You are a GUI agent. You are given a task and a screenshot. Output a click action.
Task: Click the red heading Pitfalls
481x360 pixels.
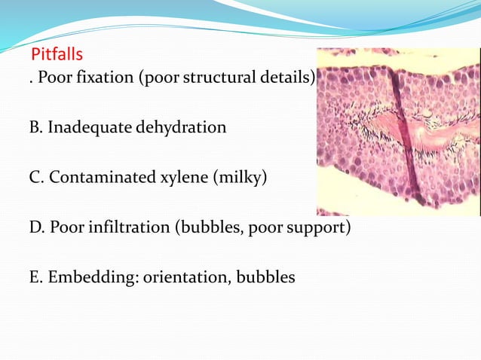pyautogui.click(x=57, y=56)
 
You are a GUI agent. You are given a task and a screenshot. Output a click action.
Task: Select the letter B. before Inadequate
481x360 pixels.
pyautogui.click(x=35, y=127)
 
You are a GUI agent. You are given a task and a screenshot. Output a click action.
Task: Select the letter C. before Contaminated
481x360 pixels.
pyautogui.click(x=35, y=178)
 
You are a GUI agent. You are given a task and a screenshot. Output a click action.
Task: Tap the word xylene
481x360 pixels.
pyautogui.click(x=183, y=179)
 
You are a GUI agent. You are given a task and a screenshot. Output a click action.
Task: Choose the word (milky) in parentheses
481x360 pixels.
pyautogui.click(x=239, y=179)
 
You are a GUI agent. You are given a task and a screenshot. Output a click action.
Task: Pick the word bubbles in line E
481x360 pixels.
pyautogui.click(x=266, y=277)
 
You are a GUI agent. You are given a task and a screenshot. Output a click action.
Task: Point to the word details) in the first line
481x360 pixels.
pyautogui.click(x=290, y=81)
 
